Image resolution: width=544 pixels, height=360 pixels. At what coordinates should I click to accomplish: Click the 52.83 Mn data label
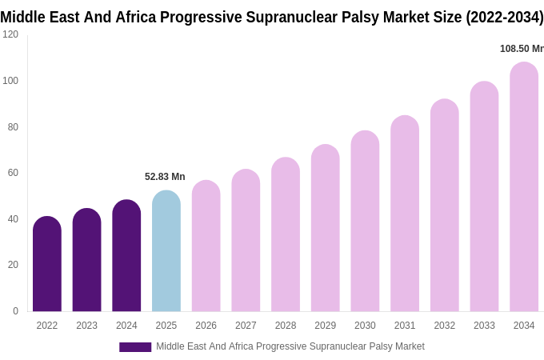pos(165,177)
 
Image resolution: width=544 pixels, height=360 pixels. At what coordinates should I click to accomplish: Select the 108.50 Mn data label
pos(521,49)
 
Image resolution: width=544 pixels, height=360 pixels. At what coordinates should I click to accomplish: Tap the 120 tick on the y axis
pos(10,34)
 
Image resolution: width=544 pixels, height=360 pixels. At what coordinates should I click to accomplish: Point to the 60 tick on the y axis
pos(13,173)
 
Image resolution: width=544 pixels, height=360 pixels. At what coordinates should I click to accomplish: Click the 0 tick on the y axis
pos(15,311)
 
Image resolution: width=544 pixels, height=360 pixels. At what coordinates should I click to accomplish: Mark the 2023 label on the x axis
pos(86,326)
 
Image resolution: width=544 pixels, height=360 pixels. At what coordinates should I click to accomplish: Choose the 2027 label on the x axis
pos(246,326)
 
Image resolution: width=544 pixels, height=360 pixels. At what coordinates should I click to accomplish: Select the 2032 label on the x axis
pos(445,326)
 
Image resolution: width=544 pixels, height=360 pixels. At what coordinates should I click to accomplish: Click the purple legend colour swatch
pos(135,347)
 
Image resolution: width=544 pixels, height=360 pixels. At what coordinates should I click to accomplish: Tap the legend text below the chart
pos(290,346)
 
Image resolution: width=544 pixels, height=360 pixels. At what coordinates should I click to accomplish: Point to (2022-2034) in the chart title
pos(504,18)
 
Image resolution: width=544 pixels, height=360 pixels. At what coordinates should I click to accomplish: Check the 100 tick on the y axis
pos(10,81)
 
